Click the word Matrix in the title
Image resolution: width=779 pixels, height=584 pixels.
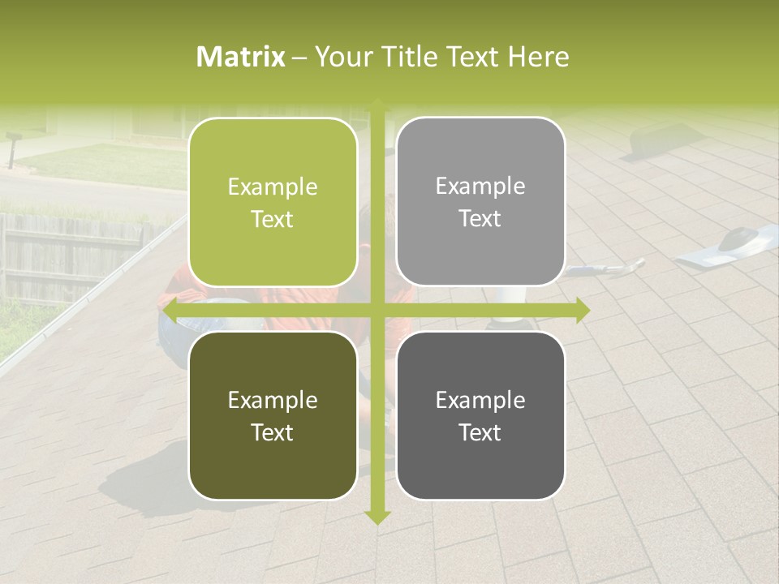(x=241, y=57)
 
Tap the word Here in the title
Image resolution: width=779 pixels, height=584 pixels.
(x=538, y=57)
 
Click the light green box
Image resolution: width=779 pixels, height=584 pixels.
(x=273, y=202)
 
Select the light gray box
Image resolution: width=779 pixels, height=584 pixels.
(x=480, y=201)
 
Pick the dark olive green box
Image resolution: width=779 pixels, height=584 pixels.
(x=273, y=415)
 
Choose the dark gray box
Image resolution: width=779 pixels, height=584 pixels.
(x=480, y=415)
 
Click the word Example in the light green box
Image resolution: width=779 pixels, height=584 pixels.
(x=273, y=187)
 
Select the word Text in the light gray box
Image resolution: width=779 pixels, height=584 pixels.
(x=480, y=218)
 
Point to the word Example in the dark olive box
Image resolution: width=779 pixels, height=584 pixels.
(x=273, y=400)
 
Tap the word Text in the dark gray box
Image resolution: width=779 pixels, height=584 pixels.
(x=480, y=432)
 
